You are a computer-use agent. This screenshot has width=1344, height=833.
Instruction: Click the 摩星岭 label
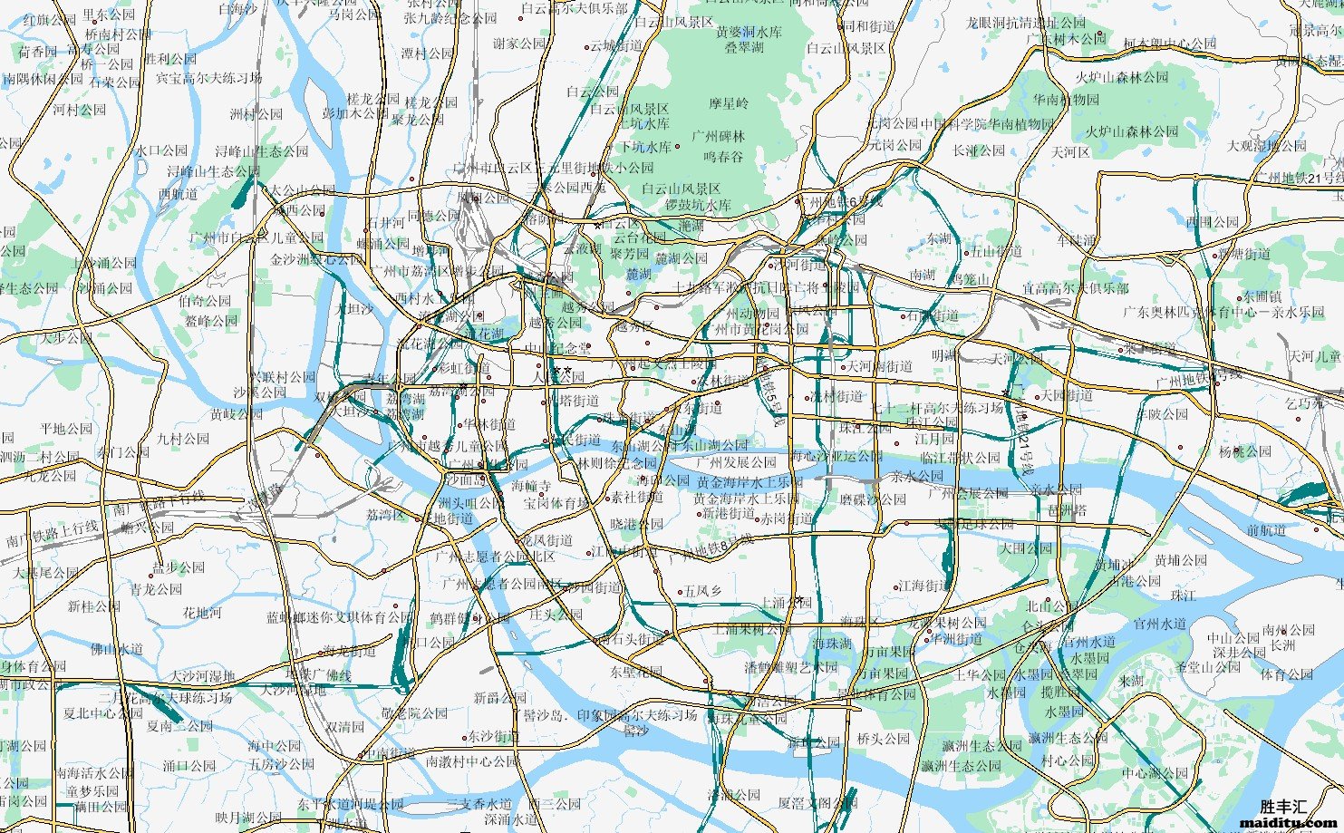point(729,103)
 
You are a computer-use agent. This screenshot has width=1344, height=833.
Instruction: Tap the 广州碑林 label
point(719,136)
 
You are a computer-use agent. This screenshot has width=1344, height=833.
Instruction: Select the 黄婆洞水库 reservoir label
point(749,31)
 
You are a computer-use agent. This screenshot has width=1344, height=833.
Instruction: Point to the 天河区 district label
point(1070,152)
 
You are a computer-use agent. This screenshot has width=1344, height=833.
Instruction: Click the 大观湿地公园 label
point(1267,146)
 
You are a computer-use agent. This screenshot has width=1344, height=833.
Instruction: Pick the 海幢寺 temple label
point(531,486)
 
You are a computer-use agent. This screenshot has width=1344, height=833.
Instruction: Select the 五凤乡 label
point(702,591)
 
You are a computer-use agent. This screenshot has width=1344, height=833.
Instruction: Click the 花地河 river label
point(202,613)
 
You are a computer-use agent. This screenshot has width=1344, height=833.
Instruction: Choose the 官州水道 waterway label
point(1160,624)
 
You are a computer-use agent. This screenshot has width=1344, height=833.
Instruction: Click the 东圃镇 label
point(1262,296)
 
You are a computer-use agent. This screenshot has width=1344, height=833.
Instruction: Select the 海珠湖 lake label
point(832,644)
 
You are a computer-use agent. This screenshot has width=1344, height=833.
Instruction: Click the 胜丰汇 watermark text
point(1283,806)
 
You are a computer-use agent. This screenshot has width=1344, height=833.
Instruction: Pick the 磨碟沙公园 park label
point(872,499)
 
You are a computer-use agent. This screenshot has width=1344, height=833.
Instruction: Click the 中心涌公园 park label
point(1154,773)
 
